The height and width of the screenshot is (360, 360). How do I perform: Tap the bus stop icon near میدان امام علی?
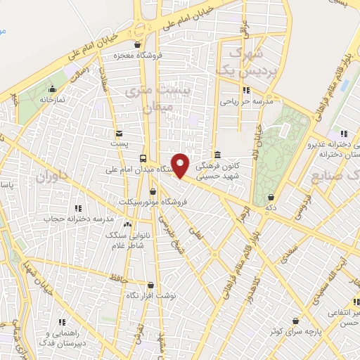pyautogui.click(x=143, y=159)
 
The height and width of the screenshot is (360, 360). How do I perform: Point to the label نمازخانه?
pyautogui.click(x=51, y=100)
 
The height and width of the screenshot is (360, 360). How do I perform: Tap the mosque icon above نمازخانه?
pyautogui.click(x=52, y=89)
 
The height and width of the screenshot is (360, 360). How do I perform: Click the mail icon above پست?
pyautogui.click(x=119, y=134)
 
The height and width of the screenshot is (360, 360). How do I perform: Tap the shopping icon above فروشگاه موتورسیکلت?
pyautogui.click(x=153, y=191)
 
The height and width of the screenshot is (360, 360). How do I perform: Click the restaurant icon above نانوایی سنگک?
pyautogui.click(x=127, y=224)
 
